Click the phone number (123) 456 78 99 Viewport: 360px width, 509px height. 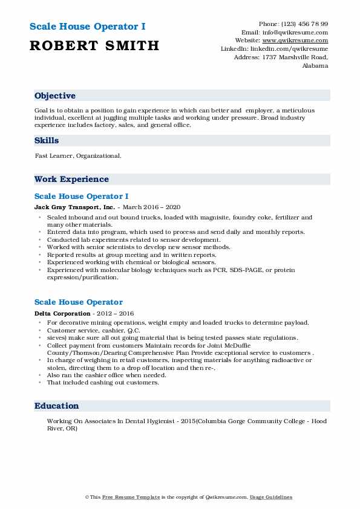click(x=308, y=24)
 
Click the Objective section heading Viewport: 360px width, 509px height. click(x=55, y=96)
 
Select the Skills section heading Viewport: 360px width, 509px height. click(x=47, y=140)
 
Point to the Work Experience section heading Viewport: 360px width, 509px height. click(x=71, y=180)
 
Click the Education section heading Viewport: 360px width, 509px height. click(x=56, y=406)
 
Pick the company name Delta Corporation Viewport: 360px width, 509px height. click(x=62, y=313)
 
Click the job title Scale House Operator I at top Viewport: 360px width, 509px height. click(x=90, y=27)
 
